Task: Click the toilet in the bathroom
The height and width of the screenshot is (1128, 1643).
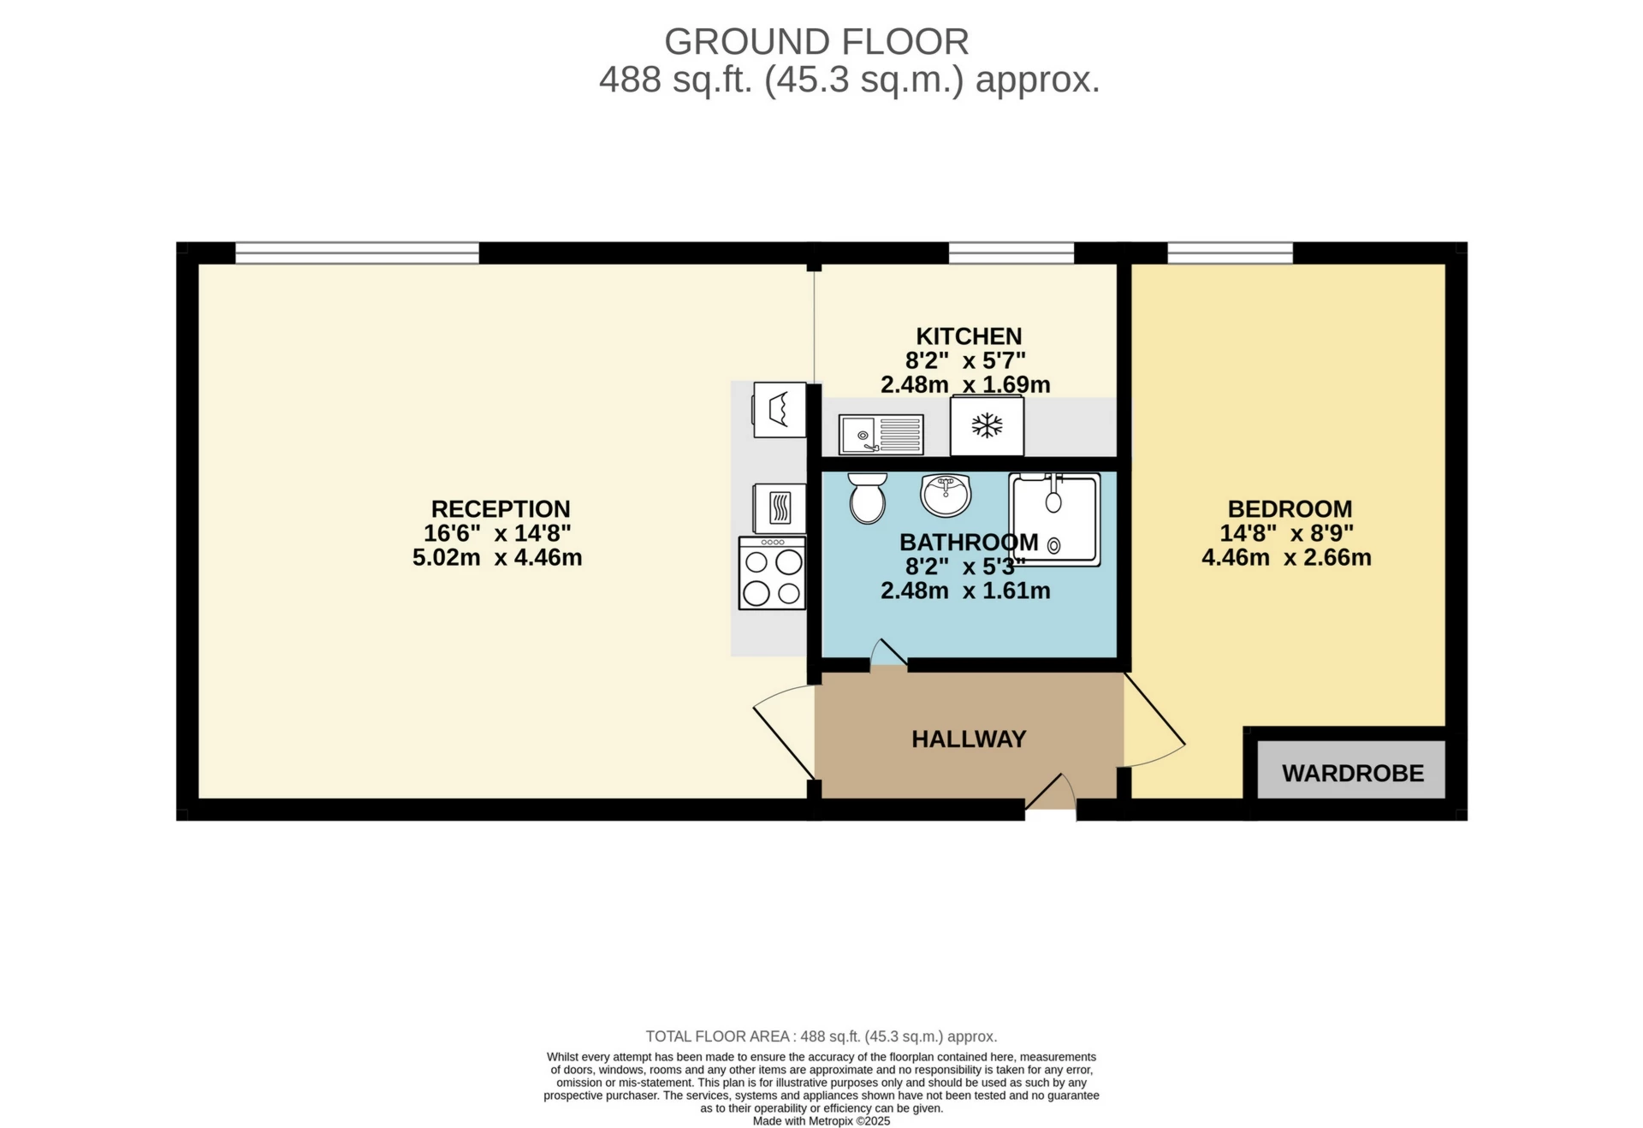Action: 867,498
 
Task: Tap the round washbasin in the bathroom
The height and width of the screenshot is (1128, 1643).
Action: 946,496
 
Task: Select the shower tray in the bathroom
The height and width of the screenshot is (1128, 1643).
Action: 1054,519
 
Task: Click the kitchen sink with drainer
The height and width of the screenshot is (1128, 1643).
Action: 881,435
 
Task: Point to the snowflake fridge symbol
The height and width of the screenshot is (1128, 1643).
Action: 987,425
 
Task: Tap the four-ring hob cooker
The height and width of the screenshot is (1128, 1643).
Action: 772,573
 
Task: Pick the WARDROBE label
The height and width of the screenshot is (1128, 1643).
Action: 1352,773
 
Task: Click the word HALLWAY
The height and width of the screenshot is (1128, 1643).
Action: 968,739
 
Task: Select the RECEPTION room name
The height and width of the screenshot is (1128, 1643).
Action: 500,508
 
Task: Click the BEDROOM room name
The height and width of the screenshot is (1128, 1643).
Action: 1289,508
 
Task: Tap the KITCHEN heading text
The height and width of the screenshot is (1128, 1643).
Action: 968,335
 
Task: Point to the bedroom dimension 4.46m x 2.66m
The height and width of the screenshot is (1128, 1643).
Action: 1285,557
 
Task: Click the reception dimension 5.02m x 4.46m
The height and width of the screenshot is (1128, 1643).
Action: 497,557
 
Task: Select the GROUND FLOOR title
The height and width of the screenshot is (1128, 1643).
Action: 816,41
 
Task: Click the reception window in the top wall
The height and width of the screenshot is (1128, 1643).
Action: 357,252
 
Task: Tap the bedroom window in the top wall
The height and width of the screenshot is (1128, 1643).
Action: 1229,252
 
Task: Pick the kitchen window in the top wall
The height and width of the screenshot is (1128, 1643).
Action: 1011,252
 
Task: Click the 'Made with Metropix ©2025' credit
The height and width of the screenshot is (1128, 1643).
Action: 821,1120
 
